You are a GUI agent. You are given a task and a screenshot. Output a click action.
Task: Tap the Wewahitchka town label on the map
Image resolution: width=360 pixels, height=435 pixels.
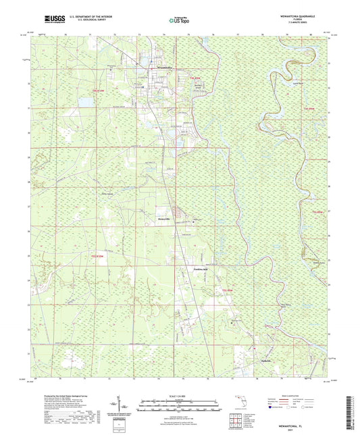point(164,68)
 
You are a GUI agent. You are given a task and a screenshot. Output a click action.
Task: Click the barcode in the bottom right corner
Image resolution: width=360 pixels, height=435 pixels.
point(349,413)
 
